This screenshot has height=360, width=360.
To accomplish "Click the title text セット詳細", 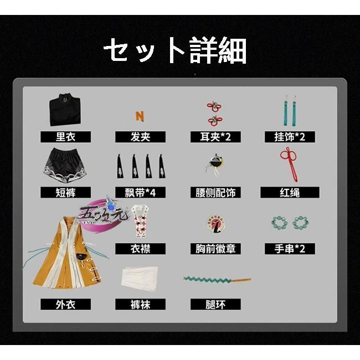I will click(174, 51).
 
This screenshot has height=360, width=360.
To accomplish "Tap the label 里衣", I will click(65, 137).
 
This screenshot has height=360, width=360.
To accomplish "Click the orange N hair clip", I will click(140, 116).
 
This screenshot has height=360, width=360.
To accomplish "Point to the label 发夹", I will click(140, 137).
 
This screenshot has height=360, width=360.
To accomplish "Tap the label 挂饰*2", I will click(290, 137).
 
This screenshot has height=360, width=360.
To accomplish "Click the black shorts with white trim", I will click(65, 164).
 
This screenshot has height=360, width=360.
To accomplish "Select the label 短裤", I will click(65, 193).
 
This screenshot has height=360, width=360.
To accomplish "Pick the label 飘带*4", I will click(140, 193).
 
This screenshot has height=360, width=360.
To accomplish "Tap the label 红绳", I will click(290, 193).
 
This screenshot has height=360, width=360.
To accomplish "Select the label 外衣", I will click(65, 304).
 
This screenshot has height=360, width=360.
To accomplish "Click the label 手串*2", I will click(290, 249).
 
